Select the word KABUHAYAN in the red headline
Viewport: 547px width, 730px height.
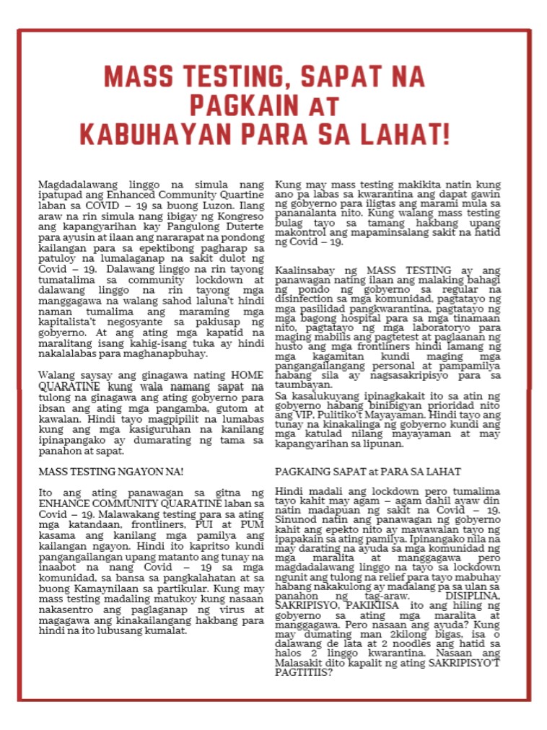point(157,134)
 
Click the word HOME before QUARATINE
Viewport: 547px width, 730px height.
point(248,375)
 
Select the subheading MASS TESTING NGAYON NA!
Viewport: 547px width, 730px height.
point(111,472)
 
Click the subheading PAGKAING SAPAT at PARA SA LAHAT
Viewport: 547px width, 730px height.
point(368,472)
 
